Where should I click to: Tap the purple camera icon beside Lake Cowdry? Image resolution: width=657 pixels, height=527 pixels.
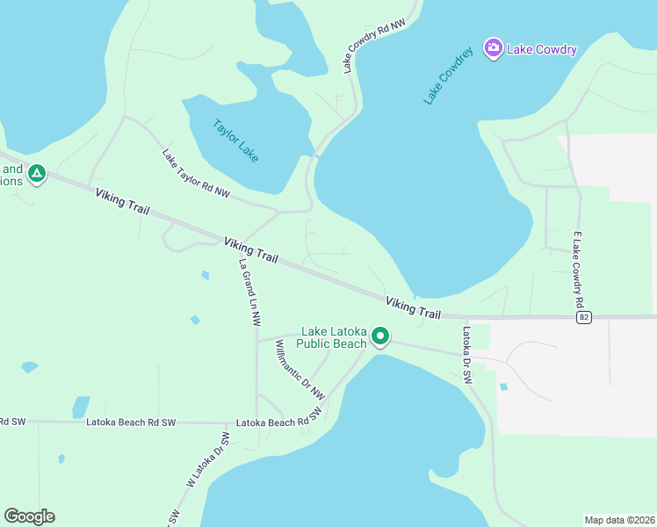click(493, 47)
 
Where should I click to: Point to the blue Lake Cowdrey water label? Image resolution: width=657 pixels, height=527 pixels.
click(448, 76)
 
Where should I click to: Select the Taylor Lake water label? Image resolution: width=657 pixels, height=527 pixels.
click(236, 140)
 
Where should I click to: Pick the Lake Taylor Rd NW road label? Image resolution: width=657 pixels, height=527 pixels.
click(195, 173)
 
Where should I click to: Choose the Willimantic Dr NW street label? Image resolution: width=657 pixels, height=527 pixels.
click(300, 368)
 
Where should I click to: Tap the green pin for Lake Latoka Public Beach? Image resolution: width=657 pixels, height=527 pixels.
click(380, 336)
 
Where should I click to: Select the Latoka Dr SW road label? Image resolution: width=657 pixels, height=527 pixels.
click(467, 354)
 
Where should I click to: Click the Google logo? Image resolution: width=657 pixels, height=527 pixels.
click(29, 516)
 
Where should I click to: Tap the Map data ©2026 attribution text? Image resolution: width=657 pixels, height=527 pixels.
click(618, 519)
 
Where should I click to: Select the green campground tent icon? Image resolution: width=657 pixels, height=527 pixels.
click(36, 174)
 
